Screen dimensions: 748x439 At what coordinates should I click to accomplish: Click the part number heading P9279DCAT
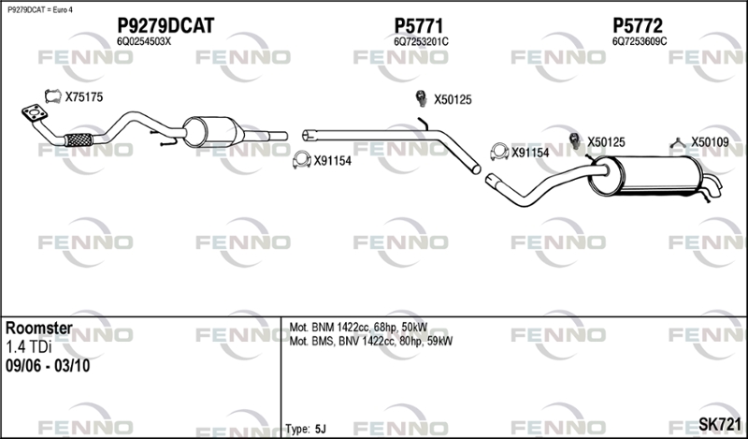165,25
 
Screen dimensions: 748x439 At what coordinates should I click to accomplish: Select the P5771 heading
418,25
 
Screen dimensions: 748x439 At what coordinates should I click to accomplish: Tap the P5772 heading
638,25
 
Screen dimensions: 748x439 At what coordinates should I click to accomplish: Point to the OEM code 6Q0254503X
144,41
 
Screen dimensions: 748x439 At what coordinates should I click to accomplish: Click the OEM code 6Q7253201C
421,42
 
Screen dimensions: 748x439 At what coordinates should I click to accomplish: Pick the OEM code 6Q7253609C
640,41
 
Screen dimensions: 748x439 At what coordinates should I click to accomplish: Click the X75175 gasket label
84,97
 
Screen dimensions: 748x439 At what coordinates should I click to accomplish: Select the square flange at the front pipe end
35,113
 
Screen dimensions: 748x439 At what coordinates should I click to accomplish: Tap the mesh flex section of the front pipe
79,139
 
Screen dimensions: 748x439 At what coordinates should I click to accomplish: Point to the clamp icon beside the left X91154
301,160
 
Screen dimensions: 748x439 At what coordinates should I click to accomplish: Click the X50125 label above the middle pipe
453,100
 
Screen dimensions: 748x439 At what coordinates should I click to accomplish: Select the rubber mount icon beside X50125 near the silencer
575,141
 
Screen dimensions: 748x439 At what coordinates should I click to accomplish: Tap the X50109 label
710,142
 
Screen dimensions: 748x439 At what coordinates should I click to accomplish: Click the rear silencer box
646,175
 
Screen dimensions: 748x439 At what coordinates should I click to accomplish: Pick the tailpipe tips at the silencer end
712,185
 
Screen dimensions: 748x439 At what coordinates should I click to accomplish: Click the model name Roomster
39,328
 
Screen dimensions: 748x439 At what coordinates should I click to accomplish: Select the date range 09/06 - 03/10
48,366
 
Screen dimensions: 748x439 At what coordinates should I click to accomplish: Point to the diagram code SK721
720,423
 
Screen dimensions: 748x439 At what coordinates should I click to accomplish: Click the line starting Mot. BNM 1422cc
358,328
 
